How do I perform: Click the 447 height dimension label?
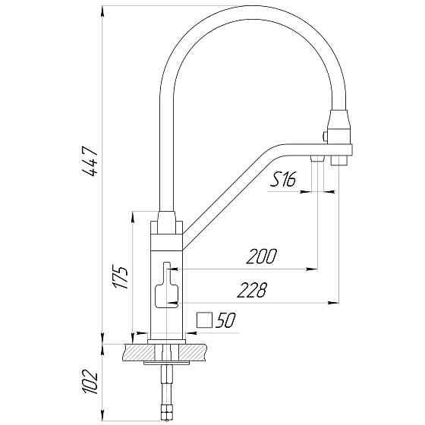[x=90, y=161]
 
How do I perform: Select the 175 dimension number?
[x=120, y=277]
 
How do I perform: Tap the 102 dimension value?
[x=90, y=381]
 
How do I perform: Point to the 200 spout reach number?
[x=262, y=257]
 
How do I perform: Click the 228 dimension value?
[x=252, y=290]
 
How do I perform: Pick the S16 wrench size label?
[x=283, y=179]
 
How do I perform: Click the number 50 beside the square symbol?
[x=225, y=320]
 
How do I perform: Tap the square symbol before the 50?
[x=204, y=320]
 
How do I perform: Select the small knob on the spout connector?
[x=324, y=136]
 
